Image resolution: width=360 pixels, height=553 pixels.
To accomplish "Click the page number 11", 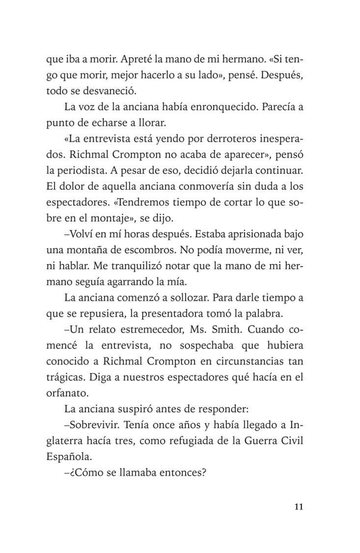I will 299,507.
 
